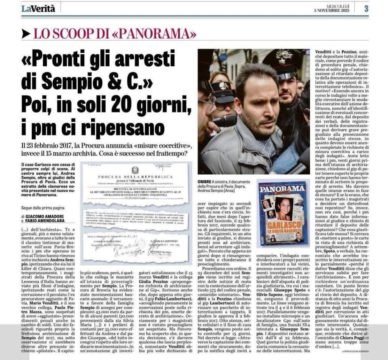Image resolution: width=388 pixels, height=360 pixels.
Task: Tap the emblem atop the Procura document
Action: [135, 170]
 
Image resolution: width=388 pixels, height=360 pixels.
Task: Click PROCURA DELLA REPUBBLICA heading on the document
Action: [135, 177]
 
